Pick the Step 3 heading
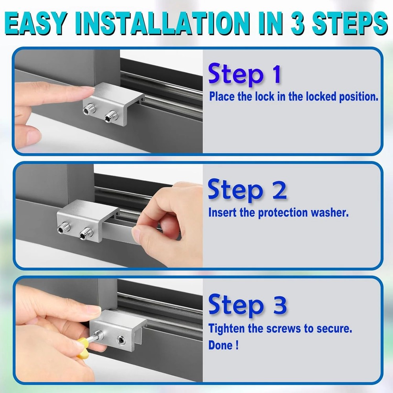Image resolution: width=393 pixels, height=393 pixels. (247, 305)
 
